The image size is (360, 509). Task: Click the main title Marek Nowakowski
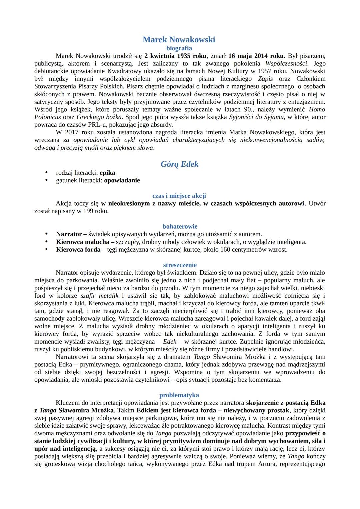tap(179, 40)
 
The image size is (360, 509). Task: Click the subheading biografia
tap(179, 48)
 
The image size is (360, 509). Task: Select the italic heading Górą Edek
tap(179, 164)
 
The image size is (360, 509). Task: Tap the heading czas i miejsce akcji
tap(179, 196)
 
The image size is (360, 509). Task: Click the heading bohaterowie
tap(180, 226)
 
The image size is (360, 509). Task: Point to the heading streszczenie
tap(180, 265)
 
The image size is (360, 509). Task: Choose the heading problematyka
tap(179, 395)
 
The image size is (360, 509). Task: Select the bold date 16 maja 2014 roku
tap(256, 56)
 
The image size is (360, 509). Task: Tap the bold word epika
tap(107, 173)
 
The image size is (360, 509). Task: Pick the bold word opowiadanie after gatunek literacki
tap(122, 180)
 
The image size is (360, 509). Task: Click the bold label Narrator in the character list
tap(69, 234)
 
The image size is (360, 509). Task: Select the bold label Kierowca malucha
tap(83, 242)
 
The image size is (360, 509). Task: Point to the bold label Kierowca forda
tap(78, 249)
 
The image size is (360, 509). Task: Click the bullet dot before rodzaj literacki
tap(47, 173)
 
